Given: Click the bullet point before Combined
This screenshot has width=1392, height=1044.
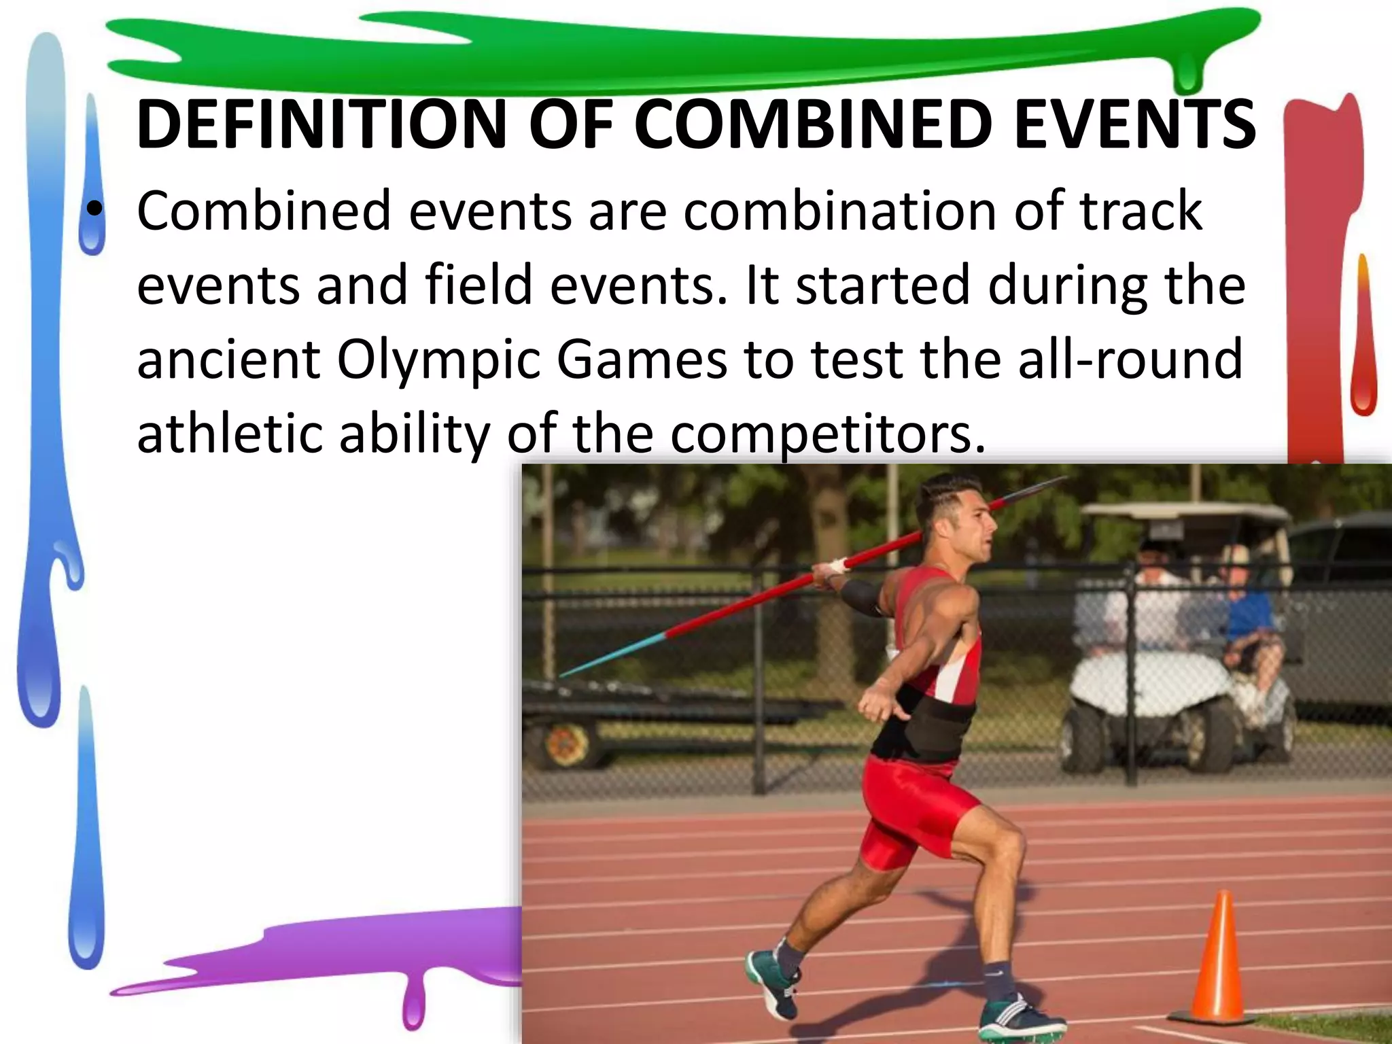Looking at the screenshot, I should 94,211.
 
